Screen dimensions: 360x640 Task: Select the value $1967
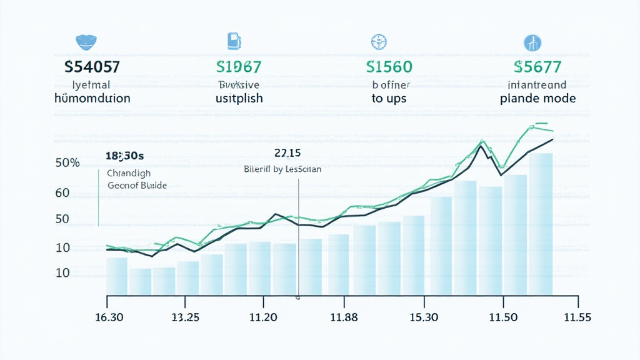238,66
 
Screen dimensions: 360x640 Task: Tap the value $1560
389,66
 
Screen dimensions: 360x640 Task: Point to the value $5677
537,66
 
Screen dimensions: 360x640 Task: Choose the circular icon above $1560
380,42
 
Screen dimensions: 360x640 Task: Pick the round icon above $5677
532,42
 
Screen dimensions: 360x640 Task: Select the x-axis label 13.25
185,317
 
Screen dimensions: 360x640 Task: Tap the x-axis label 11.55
577,317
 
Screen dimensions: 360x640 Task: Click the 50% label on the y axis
67,163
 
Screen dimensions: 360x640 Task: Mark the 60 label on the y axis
62,193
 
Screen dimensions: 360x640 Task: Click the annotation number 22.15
287,153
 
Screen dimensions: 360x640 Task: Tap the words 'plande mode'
537,99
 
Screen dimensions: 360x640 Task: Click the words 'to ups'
389,99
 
